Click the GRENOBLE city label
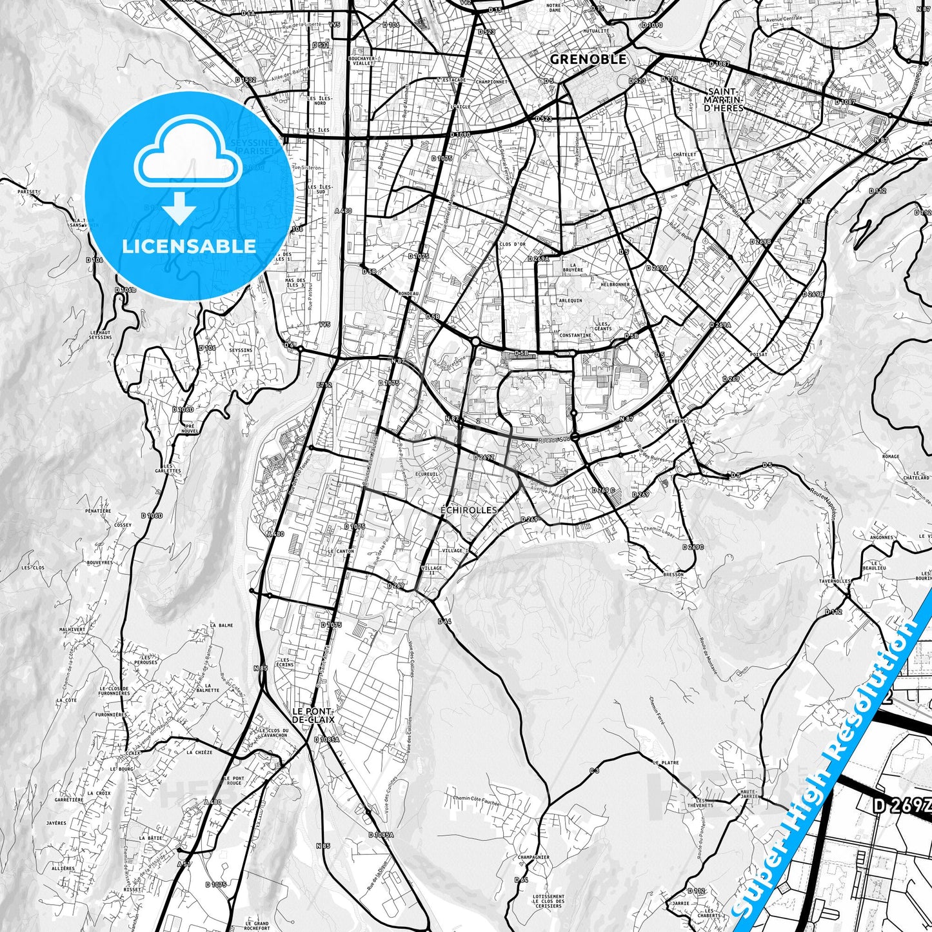(588, 59)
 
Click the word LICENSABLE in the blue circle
(190, 246)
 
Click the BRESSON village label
(673, 574)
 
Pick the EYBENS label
(677, 421)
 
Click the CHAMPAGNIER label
(532, 858)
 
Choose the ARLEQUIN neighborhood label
(571, 301)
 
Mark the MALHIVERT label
(72, 629)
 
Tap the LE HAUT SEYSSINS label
(101, 334)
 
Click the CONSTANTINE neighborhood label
(576, 335)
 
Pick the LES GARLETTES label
(172, 468)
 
